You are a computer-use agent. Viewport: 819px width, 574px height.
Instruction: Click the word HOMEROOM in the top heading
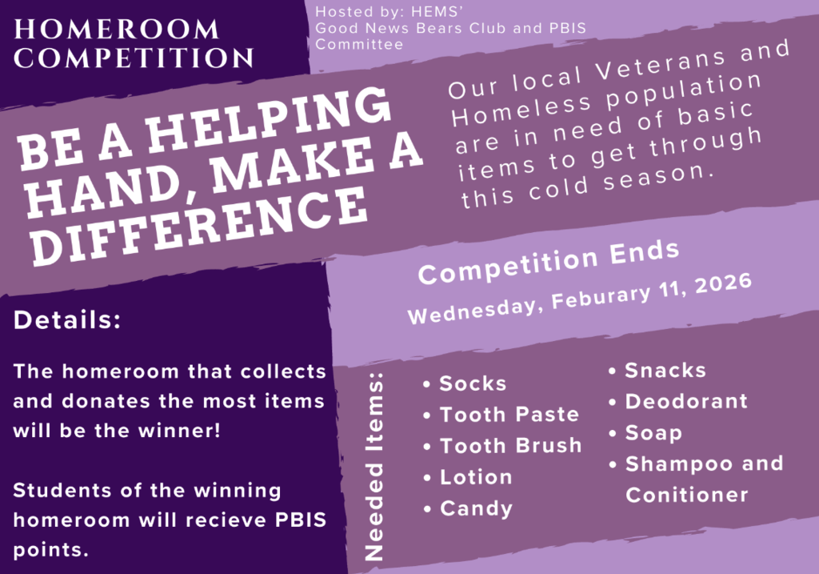coord(116,30)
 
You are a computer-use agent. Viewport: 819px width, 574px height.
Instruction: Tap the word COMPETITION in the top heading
coord(134,58)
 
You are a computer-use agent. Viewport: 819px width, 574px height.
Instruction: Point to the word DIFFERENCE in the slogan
coord(198,226)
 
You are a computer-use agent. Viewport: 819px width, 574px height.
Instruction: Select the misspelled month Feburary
coord(601,296)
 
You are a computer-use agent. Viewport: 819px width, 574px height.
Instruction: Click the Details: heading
coord(67,320)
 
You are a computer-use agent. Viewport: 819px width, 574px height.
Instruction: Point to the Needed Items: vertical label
coord(374,467)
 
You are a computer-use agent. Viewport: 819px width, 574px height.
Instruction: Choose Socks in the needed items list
coord(473,383)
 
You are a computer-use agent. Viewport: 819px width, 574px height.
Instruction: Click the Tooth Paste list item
coord(509,415)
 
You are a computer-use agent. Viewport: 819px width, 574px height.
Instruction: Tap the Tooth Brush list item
coord(511,446)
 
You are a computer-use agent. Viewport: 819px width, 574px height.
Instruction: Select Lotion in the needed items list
coord(476,477)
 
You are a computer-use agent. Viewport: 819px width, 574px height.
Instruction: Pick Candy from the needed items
coord(477,509)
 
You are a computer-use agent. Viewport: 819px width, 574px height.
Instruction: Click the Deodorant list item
coord(686,402)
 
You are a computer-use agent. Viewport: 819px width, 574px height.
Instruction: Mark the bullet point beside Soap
coord(613,433)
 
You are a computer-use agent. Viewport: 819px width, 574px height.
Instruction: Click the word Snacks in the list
coord(665,371)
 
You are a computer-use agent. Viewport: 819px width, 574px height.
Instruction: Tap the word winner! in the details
coord(179,431)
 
